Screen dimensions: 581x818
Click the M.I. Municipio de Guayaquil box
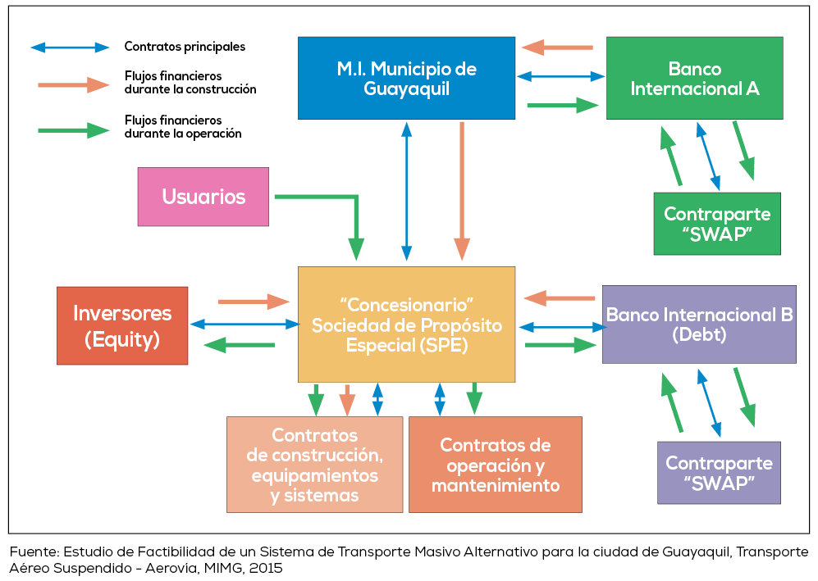pyautogui.click(x=406, y=78)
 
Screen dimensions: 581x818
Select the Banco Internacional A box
pyautogui.click(x=694, y=78)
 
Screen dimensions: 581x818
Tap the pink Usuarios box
pyautogui.click(x=203, y=197)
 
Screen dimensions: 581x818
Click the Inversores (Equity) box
pyautogui.click(x=122, y=325)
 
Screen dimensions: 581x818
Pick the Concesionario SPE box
pyautogui.click(x=406, y=325)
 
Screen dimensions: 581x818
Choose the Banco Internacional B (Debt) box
pyautogui.click(x=699, y=325)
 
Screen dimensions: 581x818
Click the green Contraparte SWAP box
pyautogui.click(x=717, y=224)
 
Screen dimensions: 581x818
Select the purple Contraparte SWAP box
pyautogui.click(x=719, y=473)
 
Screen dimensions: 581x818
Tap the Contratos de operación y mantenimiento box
pyautogui.click(x=495, y=465)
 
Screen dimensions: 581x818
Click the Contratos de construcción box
pyautogui.click(x=314, y=465)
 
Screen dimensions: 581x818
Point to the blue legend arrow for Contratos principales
pyautogui.click(x=70, y=48)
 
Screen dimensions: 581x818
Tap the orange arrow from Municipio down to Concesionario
pyautogui.click(x=462, y=188)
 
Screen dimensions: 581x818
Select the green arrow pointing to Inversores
pyautogui.click(x=239, y=345)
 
